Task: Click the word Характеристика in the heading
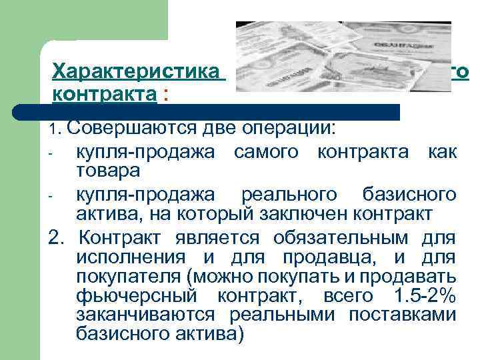136,71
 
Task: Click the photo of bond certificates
343,60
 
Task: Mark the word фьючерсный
134,295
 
